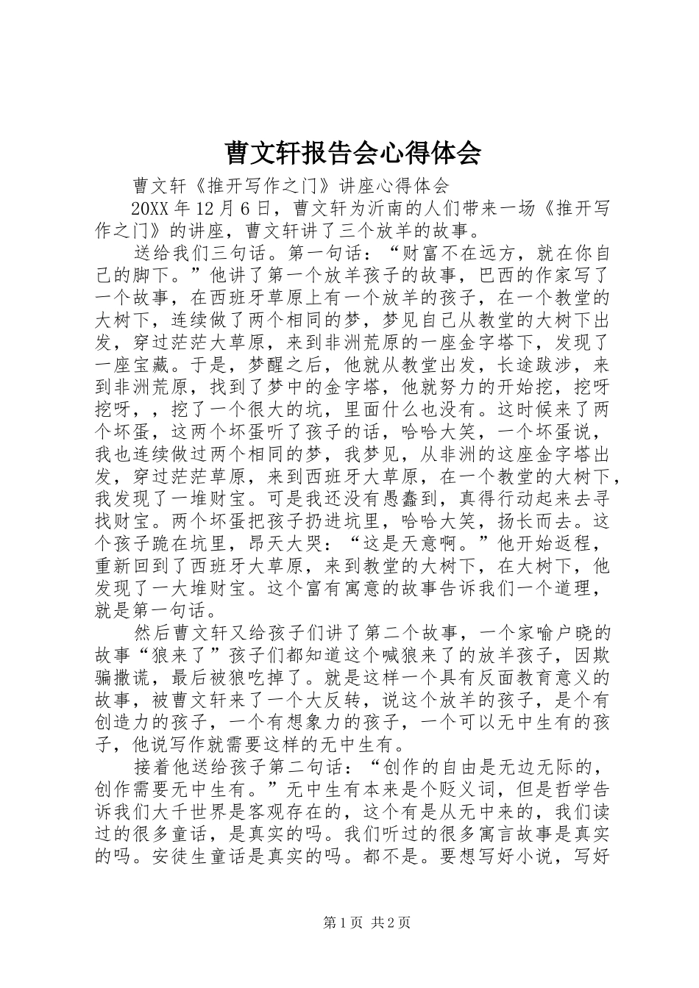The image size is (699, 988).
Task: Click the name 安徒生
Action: point(170,856)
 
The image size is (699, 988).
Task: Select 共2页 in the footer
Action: point(391,924)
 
